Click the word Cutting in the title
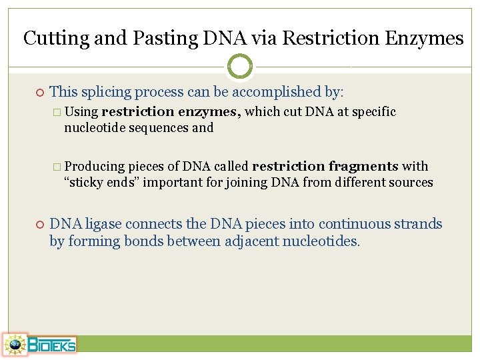click(56, 38)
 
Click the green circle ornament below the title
click(240, 67)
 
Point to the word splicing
click(108, 92)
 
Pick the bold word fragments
click(363, 167)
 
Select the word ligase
click(102, 224)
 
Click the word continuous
click(357, 224)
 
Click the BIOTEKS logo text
click(52, 345)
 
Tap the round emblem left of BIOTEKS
click(15, 345)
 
